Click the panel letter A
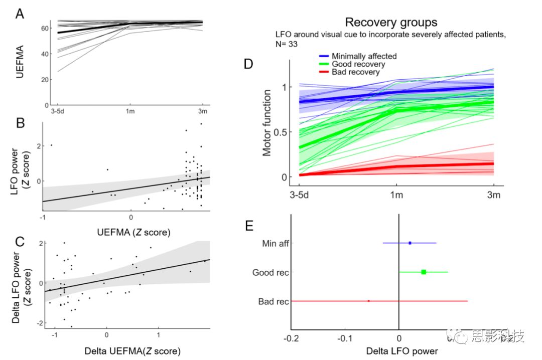coord(20,14)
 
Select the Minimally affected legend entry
coord(364,56)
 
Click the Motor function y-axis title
coord(267,122)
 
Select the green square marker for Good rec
coord(424,272)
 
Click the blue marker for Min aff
coord(410,243)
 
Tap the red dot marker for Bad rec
coord(369,301)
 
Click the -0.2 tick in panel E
coord(291,338)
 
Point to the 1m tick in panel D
coord(396,195)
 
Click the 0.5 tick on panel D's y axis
coord(285,132)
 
